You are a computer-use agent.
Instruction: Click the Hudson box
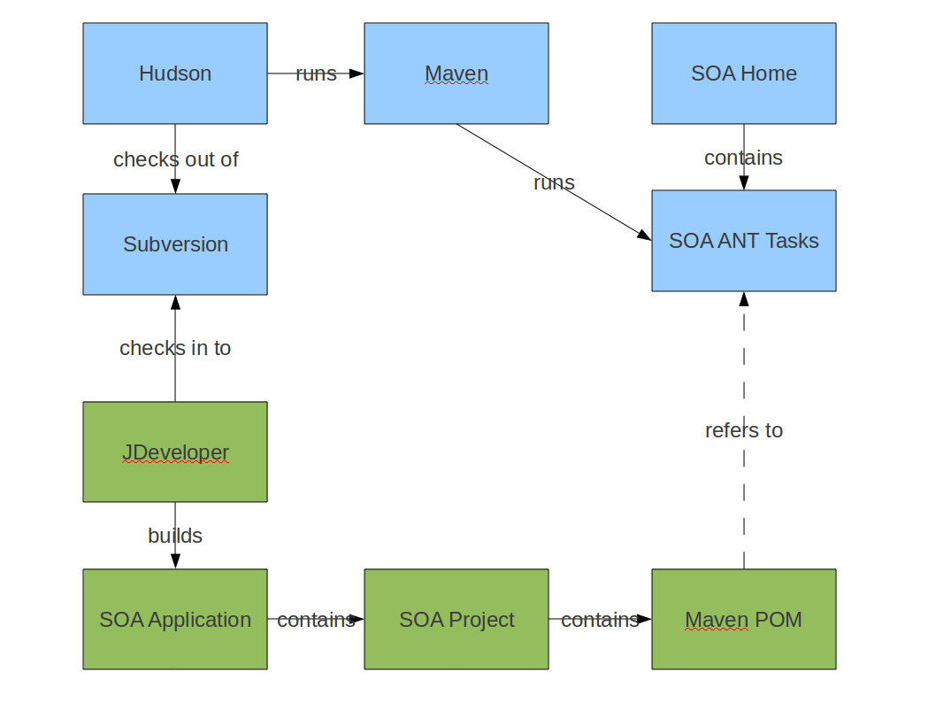175,73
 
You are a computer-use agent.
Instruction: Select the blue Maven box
456,73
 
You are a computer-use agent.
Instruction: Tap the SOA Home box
743,73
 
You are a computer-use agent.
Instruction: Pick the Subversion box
175,244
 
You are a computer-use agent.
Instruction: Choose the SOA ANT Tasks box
743,241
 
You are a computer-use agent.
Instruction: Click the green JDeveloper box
175,452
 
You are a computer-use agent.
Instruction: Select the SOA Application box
175,619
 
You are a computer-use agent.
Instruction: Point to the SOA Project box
456,619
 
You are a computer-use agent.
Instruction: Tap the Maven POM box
743,619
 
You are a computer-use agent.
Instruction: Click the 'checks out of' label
175,159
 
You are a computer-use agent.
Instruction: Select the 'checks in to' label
175,348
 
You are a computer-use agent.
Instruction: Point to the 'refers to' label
743,430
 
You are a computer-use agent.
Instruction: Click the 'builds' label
175,536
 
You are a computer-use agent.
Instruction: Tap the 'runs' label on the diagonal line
554,182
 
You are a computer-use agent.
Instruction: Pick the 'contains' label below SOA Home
743,158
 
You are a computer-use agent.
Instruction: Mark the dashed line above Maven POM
744,514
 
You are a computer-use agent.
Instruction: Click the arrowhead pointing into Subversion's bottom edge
175,303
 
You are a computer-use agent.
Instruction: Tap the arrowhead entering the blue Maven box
356,73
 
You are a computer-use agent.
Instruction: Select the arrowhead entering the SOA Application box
175,560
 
